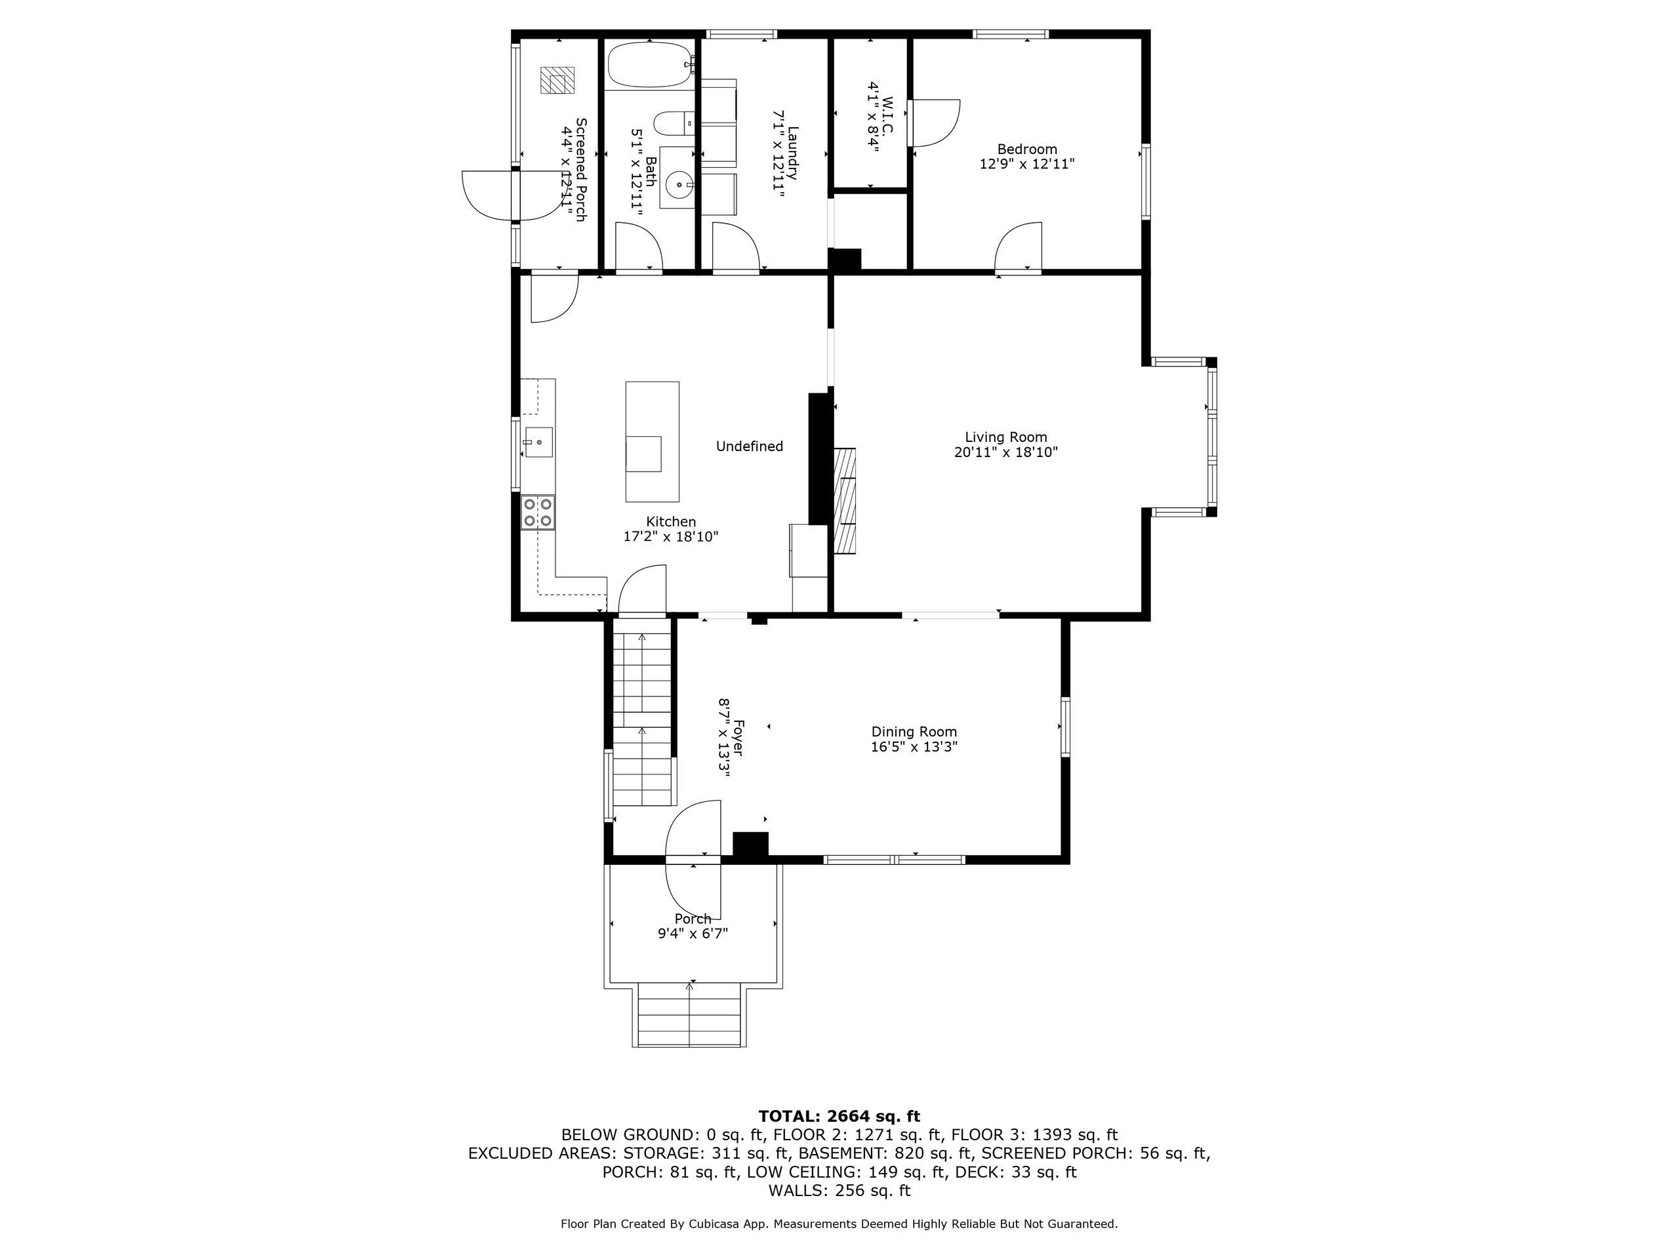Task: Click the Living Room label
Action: point(1005,437)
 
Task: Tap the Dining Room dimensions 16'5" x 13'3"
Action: point(914,747)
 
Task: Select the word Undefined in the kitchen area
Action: point(749,447)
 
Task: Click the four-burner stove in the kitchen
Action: point(537,511)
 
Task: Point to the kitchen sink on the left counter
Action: point(538,441)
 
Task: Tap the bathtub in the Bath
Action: point(651,66)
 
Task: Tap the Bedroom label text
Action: point(1027,150)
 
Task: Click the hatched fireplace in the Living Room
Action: point(845,501)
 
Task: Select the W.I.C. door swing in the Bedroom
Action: point(936,122)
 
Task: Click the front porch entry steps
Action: point(689,1015)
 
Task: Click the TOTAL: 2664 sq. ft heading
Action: point(839,1116)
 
